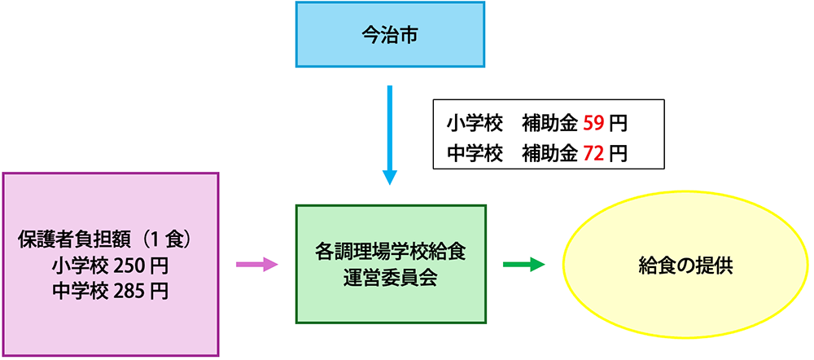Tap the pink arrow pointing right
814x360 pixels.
click(256, 265)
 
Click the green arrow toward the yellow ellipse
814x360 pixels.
click(523, 265)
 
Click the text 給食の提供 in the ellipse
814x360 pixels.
click(686, 266)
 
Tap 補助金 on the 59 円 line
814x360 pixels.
click(549, 124)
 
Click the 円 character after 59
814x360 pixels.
click(618, 124)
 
